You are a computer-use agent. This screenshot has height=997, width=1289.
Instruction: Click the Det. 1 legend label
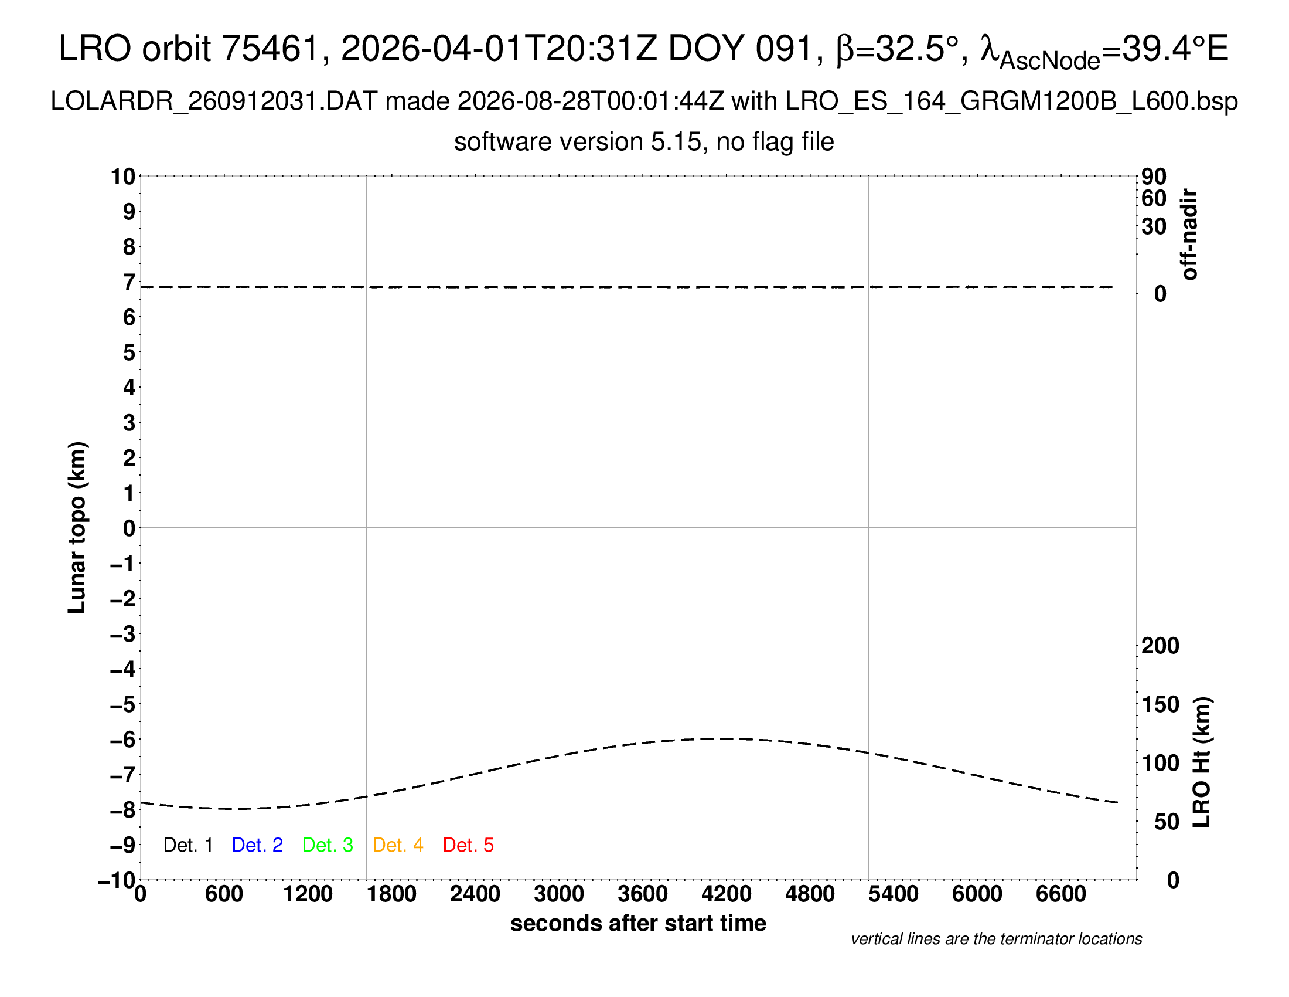(187, 845)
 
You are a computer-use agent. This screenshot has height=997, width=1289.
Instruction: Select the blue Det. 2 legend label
(257, 845)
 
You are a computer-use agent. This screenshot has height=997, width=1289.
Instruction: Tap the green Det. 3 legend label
(328, 845)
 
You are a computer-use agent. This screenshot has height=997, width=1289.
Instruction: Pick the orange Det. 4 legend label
(398, 845)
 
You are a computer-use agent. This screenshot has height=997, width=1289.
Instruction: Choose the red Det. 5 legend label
(468, 845)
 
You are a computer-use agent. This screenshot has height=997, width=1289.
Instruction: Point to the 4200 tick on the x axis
(727, 894)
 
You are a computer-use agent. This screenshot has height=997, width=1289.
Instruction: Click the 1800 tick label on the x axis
(391, 894)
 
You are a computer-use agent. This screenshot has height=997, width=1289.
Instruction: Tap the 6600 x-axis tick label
(1061, 894)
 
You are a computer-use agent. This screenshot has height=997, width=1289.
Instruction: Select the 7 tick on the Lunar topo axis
(129, 282)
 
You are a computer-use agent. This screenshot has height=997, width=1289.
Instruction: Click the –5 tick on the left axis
(123, 704)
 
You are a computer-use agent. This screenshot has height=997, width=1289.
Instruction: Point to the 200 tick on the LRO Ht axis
(1160, 646)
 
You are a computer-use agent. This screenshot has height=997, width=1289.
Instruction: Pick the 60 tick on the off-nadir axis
(1154, 198)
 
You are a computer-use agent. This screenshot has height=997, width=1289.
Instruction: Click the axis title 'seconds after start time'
(638, 923)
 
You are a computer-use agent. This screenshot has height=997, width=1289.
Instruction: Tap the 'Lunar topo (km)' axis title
(77, 527)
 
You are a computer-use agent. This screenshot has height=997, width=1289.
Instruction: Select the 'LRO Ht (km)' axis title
(1202, 762)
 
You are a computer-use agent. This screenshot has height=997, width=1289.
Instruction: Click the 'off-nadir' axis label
(1189, 235)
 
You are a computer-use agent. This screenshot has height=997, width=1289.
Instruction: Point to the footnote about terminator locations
(996, 939)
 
